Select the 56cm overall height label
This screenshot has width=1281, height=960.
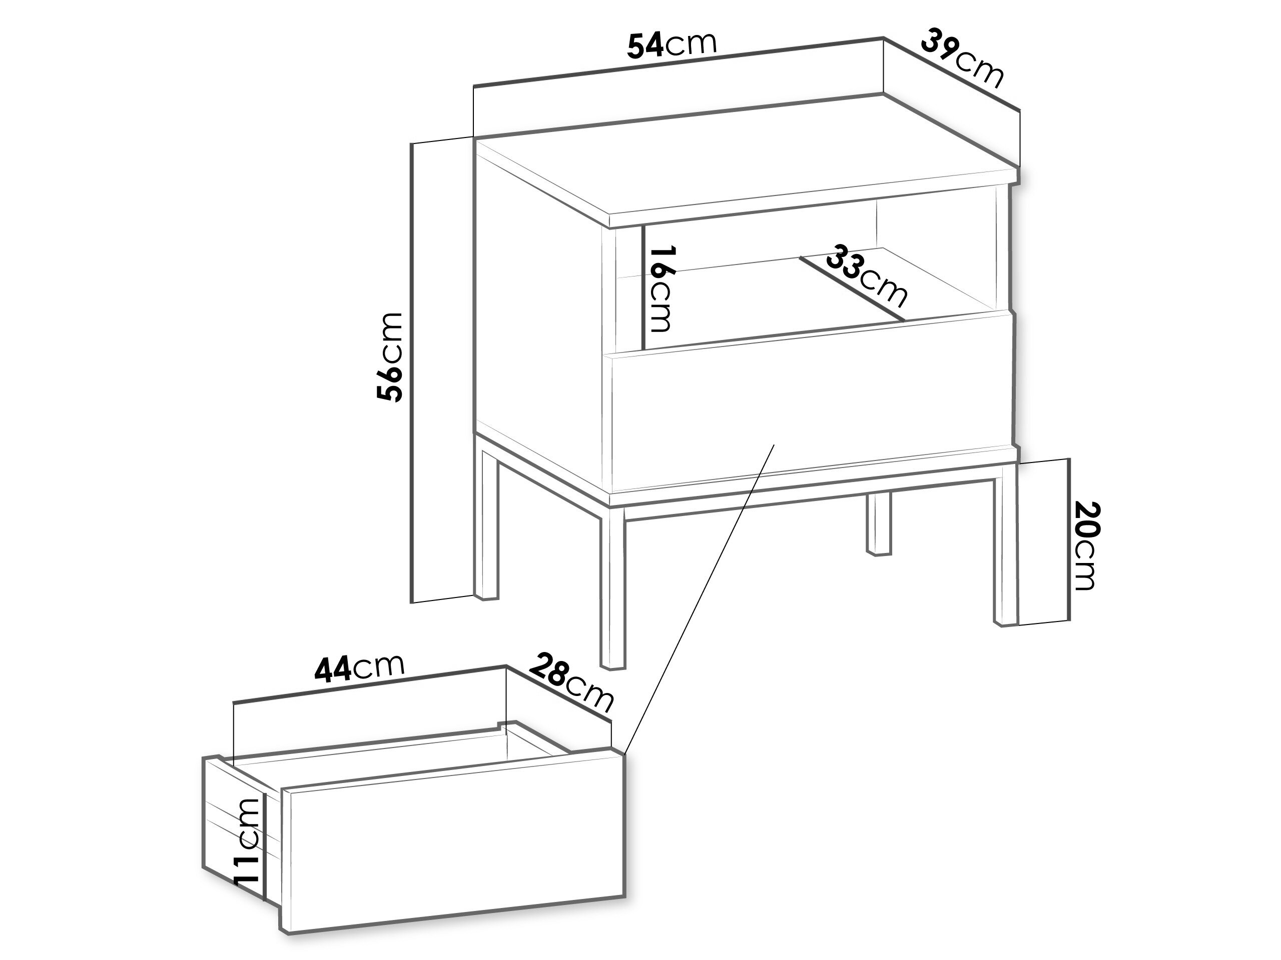(x=389, y=357)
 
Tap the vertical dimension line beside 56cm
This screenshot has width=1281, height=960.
(x=412, y=373)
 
